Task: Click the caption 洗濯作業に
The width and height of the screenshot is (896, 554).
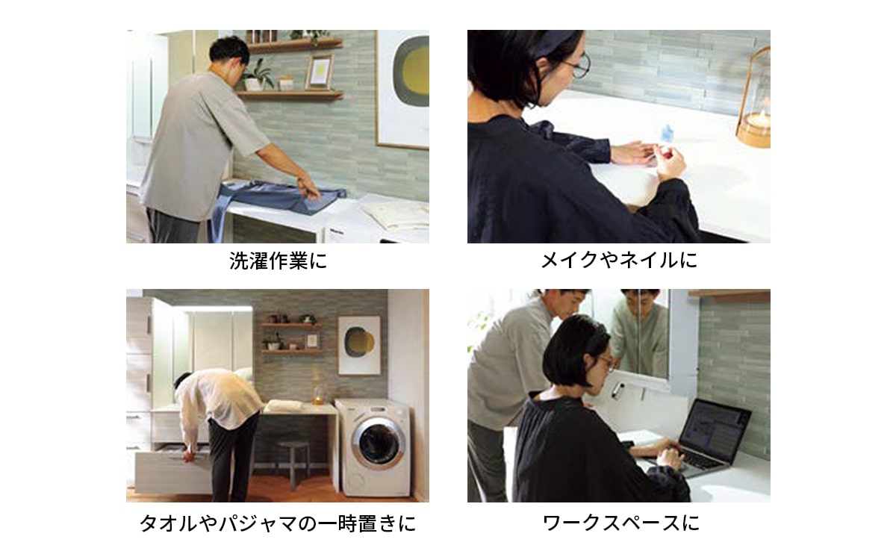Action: (x=279, y=261)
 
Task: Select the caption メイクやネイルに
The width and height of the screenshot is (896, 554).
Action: (x=619, y=261)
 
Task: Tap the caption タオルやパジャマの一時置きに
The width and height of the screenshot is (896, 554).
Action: (x=278, y=523)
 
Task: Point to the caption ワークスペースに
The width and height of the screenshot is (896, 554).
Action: (x=620, y=523)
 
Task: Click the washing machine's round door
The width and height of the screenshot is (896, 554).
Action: (x=378, y=443)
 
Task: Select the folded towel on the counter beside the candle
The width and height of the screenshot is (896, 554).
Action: (x=284, y=405)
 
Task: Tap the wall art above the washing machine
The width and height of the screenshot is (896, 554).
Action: (x=359, y=346)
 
